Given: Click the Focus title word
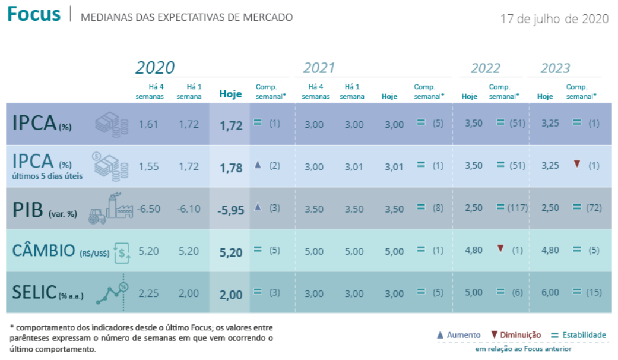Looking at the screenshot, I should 34,14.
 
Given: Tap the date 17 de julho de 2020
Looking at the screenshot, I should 554,18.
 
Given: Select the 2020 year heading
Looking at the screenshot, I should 155,68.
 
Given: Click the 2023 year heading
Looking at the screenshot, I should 554,68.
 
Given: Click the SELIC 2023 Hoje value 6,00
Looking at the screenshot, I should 550,292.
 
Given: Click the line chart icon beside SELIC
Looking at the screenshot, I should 113,292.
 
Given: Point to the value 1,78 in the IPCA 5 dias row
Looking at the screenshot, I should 230,168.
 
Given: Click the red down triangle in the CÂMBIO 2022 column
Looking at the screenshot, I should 500,248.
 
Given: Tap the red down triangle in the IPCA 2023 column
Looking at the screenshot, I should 576,164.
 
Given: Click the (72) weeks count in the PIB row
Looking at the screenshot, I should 593,207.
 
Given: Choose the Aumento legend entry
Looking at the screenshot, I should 458,335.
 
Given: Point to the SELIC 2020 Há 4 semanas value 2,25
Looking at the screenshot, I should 148,292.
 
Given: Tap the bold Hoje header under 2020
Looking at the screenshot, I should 230,94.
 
